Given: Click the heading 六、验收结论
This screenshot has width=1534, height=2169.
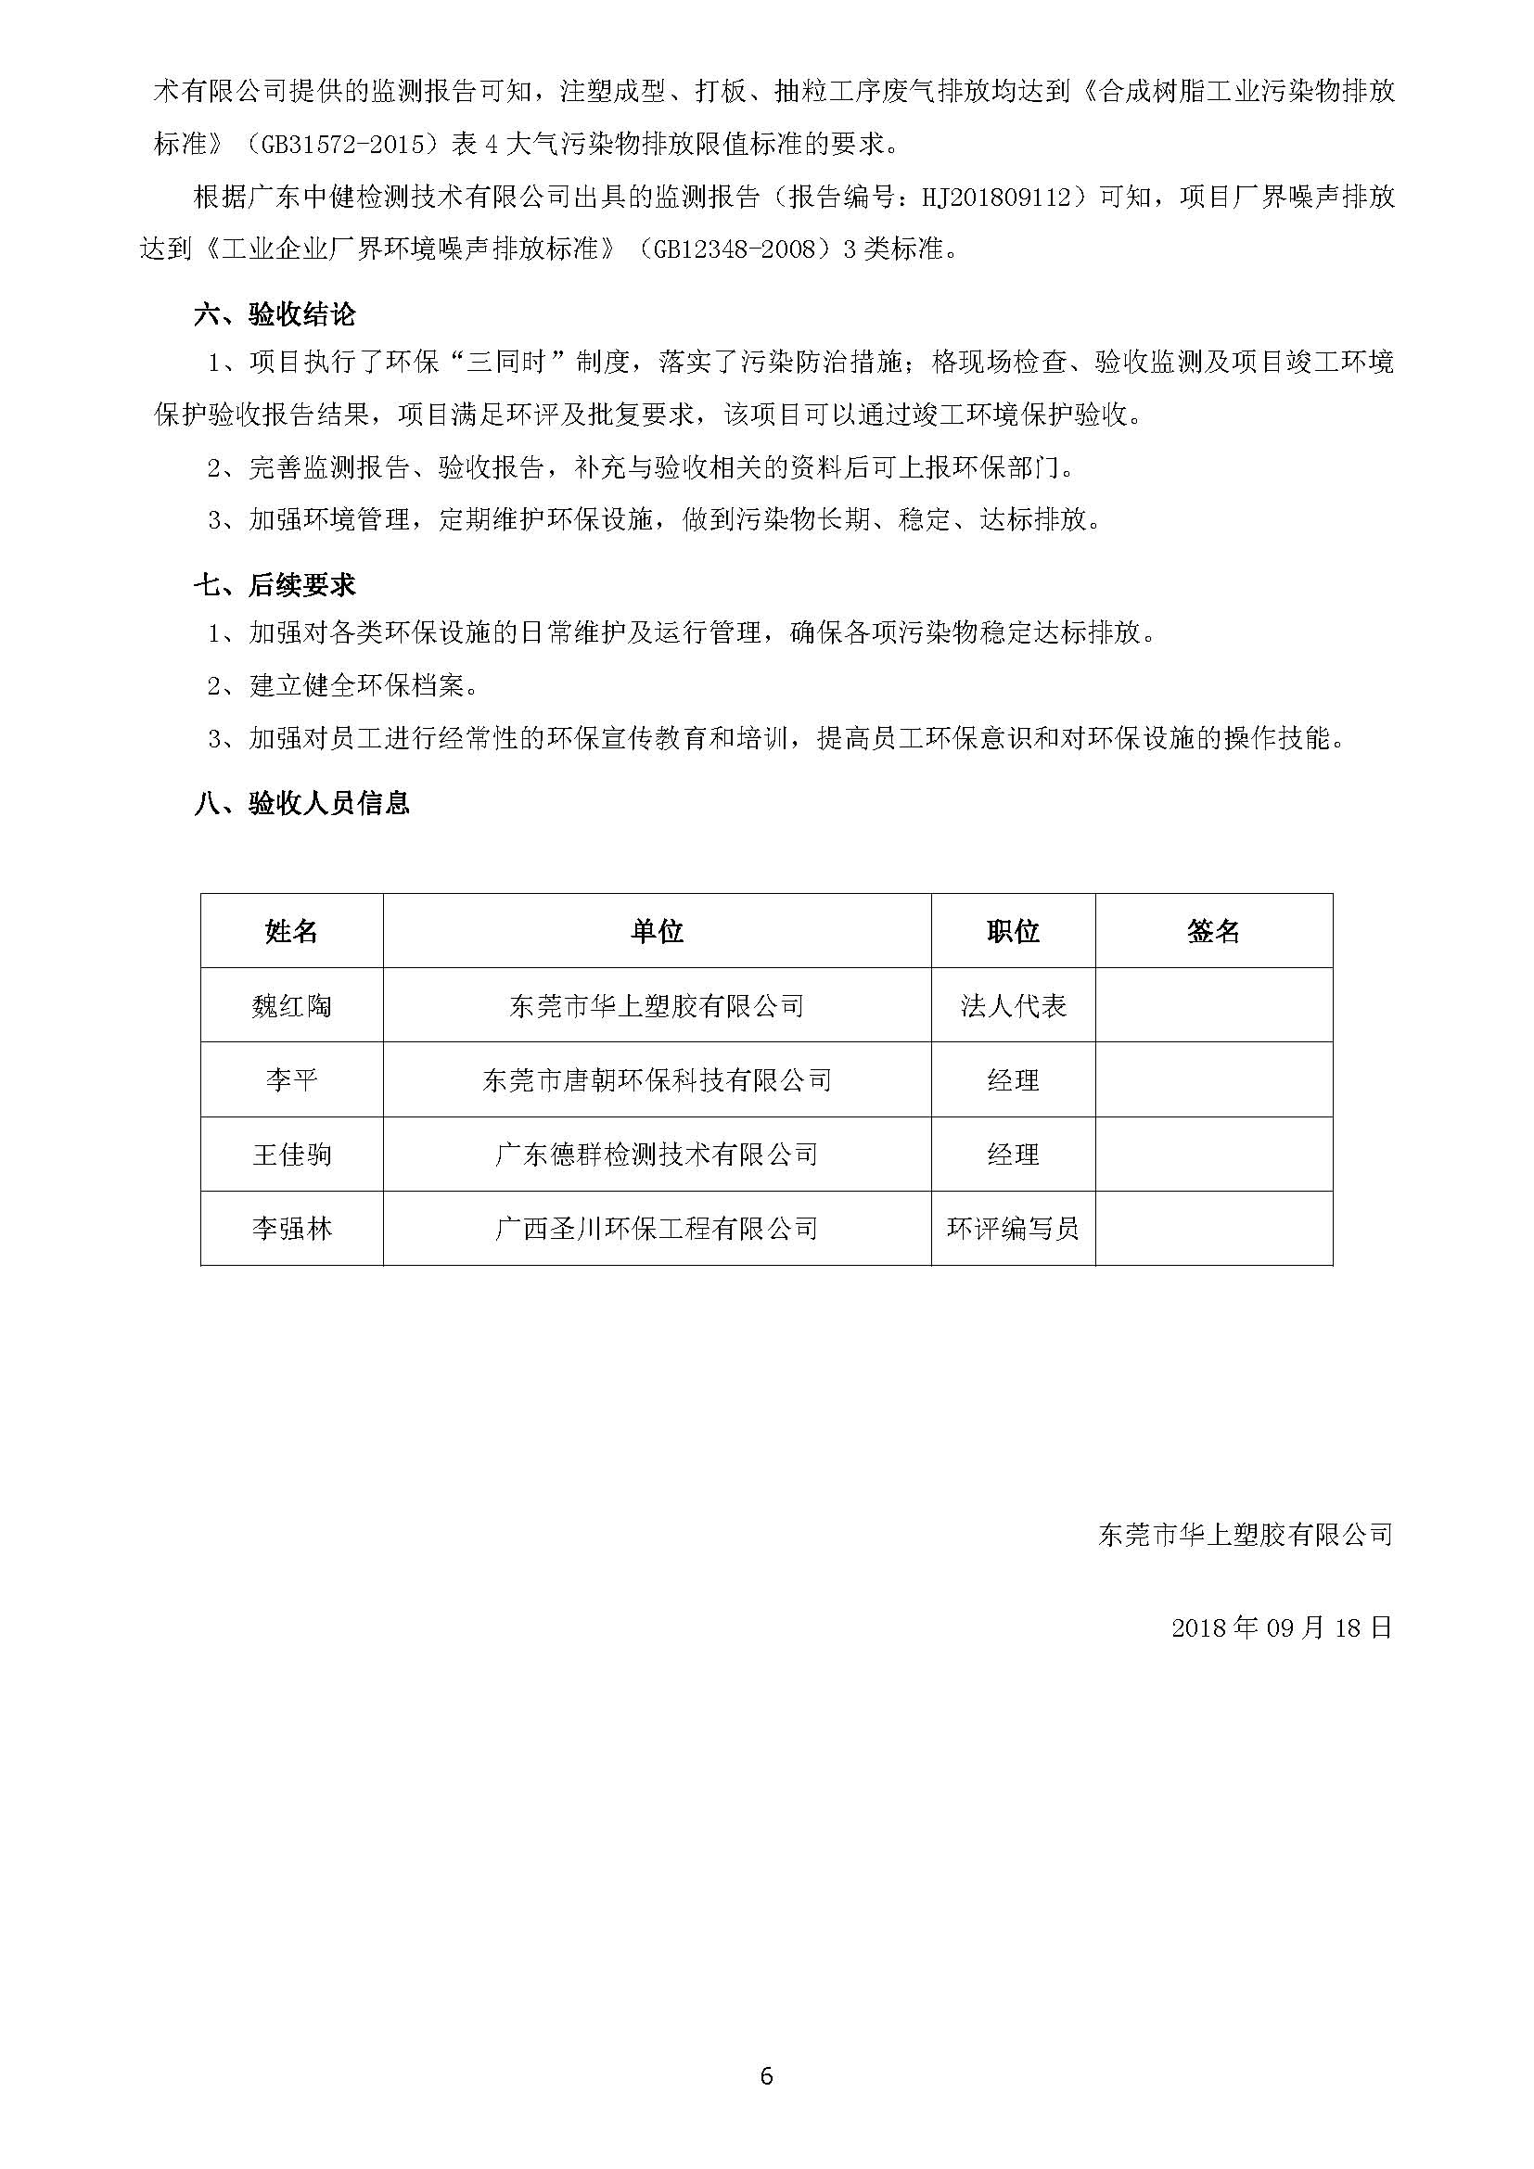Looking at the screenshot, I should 275,314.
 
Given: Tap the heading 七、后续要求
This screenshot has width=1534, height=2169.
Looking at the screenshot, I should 275,586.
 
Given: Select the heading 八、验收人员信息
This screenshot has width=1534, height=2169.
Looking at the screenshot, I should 302,803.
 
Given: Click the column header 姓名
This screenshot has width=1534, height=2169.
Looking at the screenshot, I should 292,931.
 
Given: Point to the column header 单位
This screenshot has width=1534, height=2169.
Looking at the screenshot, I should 657,931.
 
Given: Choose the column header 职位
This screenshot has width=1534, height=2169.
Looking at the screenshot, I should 1013,931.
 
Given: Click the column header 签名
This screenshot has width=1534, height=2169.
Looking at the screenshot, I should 1213,931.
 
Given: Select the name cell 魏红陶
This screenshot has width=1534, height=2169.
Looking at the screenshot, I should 292,1006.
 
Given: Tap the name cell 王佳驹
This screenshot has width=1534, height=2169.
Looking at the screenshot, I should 292,1155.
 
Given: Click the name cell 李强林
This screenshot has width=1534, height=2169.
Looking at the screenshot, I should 292,1229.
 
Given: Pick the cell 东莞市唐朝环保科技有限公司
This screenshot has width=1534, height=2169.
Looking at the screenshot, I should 657,1080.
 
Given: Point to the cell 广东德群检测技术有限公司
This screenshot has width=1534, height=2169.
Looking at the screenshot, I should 657,1155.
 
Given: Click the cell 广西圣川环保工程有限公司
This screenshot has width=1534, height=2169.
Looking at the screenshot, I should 657,1229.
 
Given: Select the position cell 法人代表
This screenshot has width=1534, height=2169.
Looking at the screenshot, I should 1013,1006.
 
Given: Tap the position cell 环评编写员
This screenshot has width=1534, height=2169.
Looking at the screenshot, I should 1013,1229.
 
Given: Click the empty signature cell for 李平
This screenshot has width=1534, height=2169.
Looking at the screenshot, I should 1213,1080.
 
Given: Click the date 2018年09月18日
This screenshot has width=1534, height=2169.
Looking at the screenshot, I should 1282,1627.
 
